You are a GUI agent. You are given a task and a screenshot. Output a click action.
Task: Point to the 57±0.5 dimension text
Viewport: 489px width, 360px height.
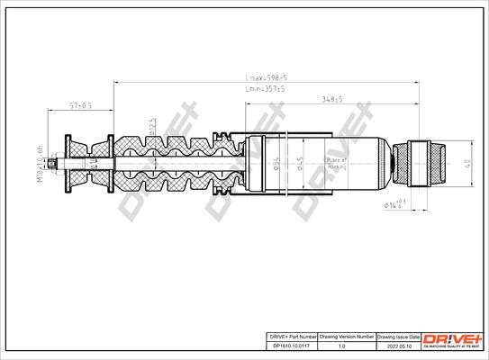(81, 105)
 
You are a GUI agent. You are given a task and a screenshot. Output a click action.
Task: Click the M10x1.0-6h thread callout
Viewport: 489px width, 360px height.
(41, 163)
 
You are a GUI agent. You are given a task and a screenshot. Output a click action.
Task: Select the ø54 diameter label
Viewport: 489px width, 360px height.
(274, 163)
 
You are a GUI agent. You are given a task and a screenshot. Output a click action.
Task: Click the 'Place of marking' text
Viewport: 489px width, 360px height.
(337, 165)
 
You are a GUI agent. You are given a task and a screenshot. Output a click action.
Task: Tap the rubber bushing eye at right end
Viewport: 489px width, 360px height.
(427, 163)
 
